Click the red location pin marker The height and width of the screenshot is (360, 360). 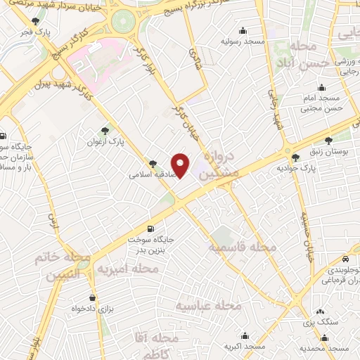(181, 165)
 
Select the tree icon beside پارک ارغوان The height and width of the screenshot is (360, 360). (105, 130)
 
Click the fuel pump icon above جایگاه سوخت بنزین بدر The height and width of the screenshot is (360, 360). (150, 229)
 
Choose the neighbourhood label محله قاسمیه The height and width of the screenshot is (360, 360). (241, 247)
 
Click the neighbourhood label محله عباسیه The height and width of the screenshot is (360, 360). (209, 306)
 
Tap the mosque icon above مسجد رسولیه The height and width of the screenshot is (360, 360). (243, 30)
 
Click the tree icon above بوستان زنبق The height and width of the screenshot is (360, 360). (330, 141)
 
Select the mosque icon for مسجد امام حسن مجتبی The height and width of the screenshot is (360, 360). (321, 89)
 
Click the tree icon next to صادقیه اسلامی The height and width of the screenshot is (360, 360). (153, 162)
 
